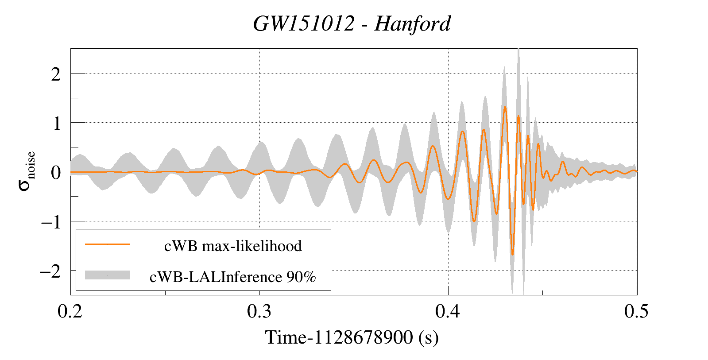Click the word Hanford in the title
click(412, 24)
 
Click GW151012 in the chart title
click(304, 24)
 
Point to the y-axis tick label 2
click(56, 74)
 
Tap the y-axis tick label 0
click(56, 172)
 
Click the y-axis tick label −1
click(50, 222)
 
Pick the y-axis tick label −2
click(50, 271)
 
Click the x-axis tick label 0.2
click(70, 311)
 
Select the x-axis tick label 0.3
click(259, 311)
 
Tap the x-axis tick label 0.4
click(448, 311)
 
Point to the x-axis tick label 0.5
click(636, 311)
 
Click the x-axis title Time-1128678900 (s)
click(352, 337)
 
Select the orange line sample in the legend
click(108, 244)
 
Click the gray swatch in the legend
click(108, 275)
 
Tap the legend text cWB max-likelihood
click(233, 246)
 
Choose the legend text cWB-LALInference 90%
click(233, 277)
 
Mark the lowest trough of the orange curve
click(512, 255)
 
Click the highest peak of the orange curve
click(505, 107)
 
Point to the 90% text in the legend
click(301, 277)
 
